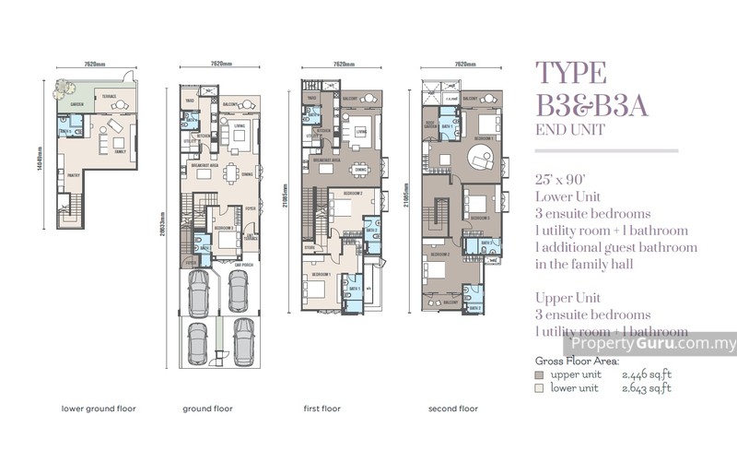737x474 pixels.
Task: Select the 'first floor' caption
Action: point(324,407)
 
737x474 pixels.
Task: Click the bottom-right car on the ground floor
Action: point(242,341)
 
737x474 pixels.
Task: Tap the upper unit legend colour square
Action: point(539,375)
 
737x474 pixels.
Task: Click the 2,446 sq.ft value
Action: point(649,375)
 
